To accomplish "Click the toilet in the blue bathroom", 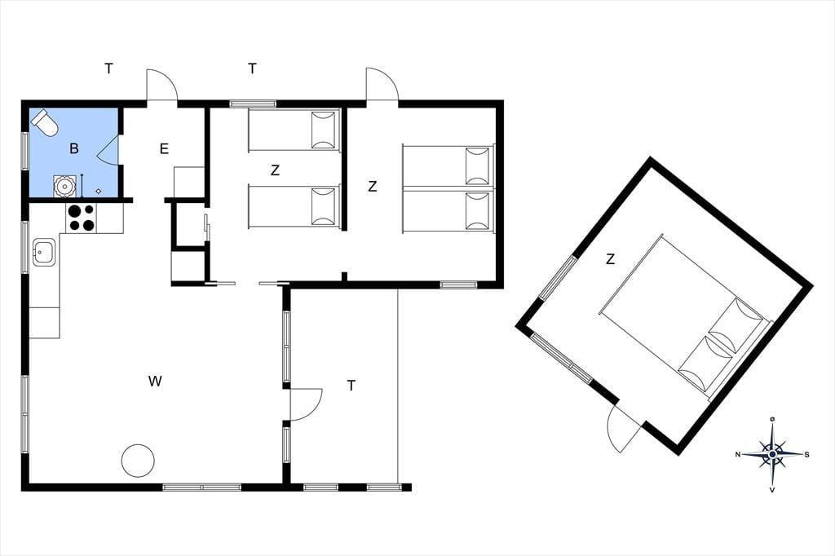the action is (x=44, y=122).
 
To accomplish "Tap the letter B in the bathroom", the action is (x=74, y=148).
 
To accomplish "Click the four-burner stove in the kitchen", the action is (x=81, y=218).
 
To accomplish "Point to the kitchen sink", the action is (x=44, y=252).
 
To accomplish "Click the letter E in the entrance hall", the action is (x=164, y=148).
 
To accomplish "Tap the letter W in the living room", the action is (x=155, y=382).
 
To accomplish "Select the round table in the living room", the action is (x=138, y=461).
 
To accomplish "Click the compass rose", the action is (x=772, y=454).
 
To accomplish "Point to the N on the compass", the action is (x=738, y=454).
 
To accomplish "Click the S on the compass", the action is (x=806, y=454).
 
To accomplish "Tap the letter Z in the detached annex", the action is (x=610, y=259).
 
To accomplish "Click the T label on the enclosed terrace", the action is (x=351, y=386).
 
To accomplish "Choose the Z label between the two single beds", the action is (x=275, y=170).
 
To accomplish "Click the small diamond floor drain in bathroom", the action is (x=99, y=192).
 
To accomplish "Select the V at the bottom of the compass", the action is (x=772, y=490).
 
